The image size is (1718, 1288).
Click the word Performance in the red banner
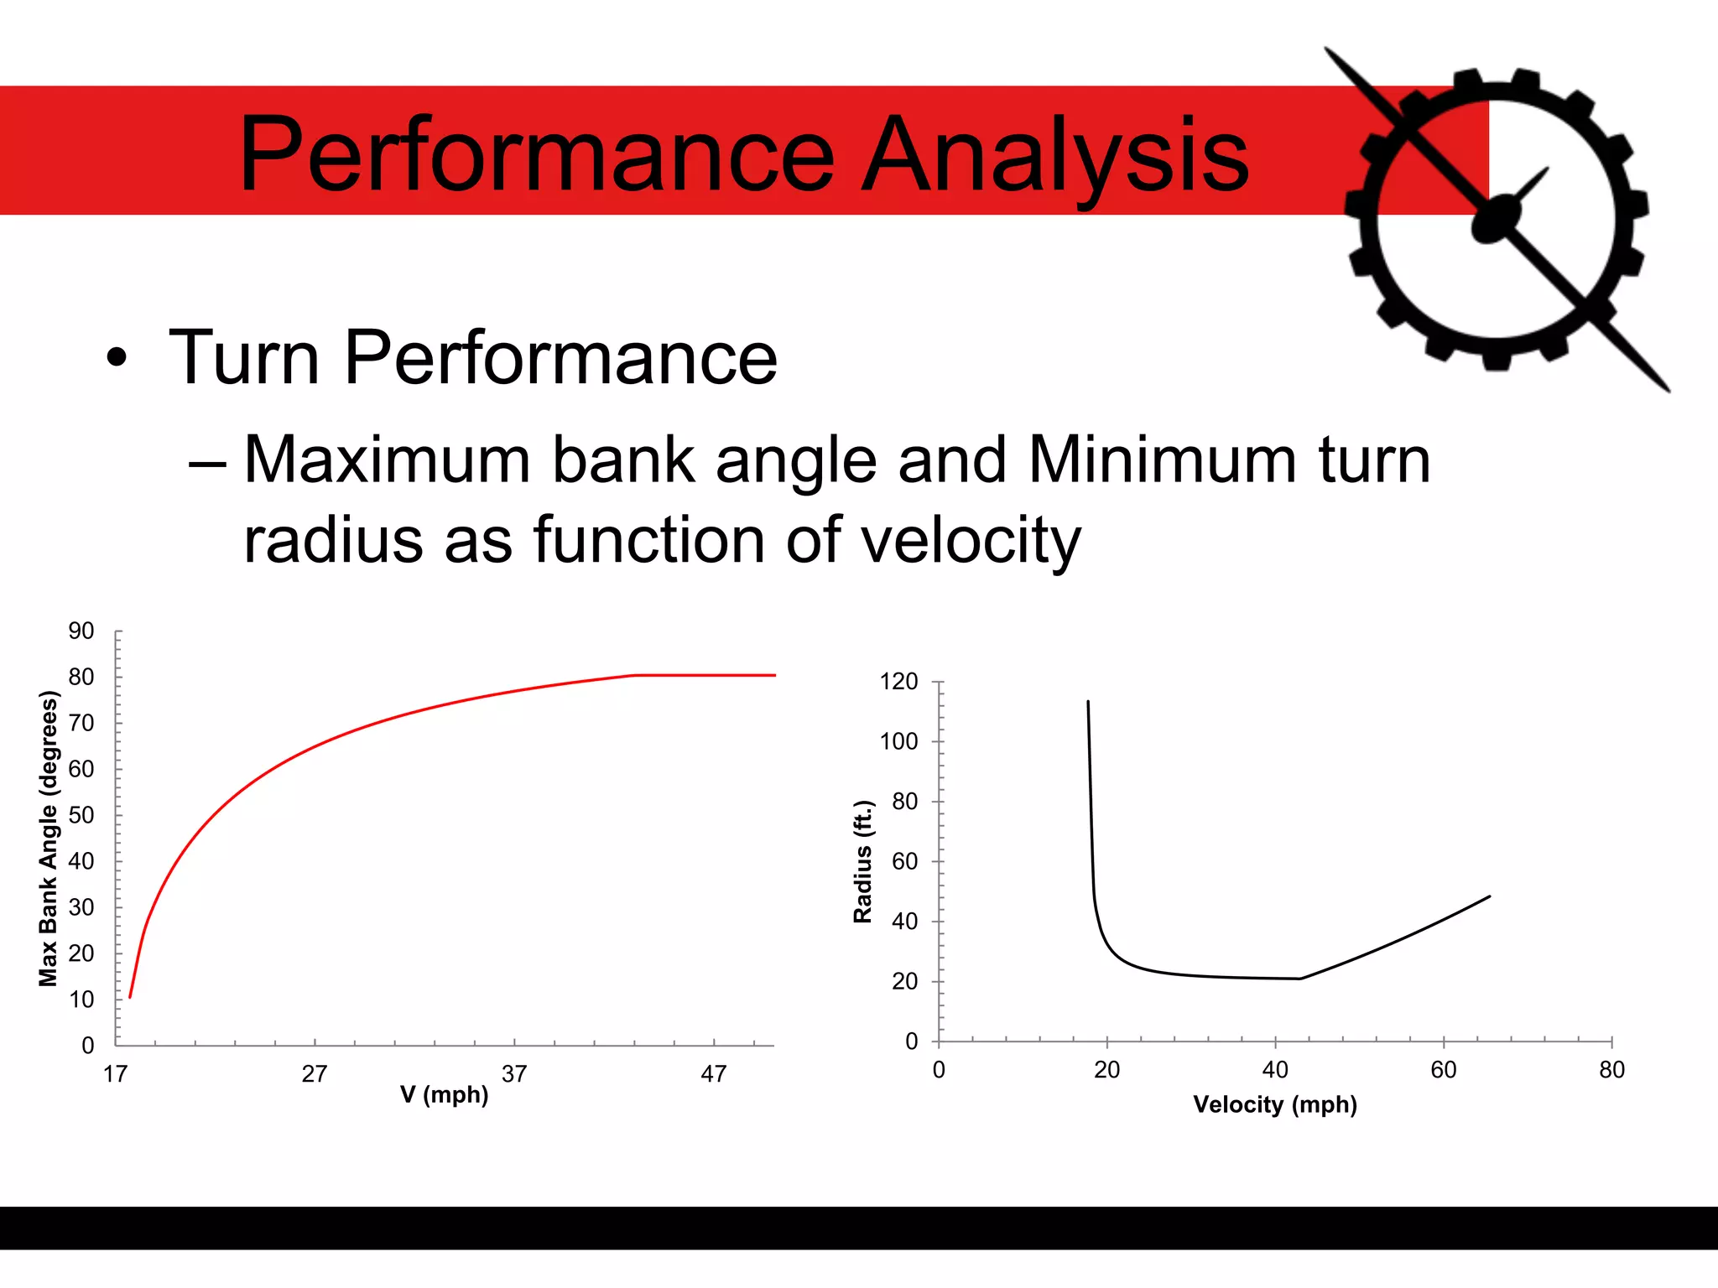click(536, 155)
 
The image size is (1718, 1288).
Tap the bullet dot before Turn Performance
click(117, 360)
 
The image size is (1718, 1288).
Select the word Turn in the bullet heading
click(244, 358)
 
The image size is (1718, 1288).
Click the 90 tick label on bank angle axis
click(81, 631)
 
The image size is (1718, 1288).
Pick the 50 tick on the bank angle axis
click(81, 815)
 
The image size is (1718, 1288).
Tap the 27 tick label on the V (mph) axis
click(315, 1074)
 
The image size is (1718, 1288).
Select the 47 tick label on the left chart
click(714, 1074)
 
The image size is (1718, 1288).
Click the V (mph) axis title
click(444, 1095)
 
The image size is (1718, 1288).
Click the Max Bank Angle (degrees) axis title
click(49, 839)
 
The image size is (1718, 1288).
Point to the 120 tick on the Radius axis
click(898, 682)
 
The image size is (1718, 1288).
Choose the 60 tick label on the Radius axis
click(905, 861)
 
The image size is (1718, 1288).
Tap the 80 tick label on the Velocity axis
click(1611, 1070)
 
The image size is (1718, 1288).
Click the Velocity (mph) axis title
click(1275, 1104)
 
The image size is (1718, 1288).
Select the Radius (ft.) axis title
click(863, 861)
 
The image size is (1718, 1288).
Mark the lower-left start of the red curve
click(130, 997)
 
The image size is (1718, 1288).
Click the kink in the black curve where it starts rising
click(1300, 979)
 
